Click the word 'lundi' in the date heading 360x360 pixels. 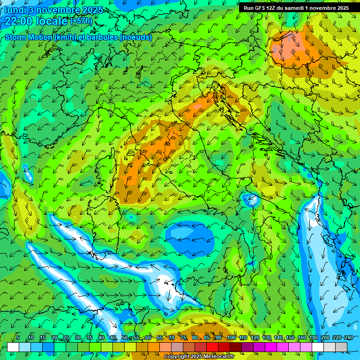(x=15, y=9)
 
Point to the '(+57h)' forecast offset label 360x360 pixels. (x=81, y=21)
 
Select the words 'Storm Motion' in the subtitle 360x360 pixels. (x=28, y=37)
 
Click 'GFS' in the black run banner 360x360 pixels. (x=261, y=8)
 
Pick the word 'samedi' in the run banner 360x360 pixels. (x=294, y=8)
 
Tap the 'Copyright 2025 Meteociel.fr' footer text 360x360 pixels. (x=205, y=357)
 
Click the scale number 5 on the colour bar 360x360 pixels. (x=18, y=338)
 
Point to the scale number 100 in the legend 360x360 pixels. (x=231, y=338)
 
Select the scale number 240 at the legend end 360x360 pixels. (x=349, y=338)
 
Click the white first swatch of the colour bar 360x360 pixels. (x=13, y=347)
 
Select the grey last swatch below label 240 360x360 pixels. (x=341, y=347)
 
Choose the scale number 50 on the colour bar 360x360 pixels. (x=125, y=338)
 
